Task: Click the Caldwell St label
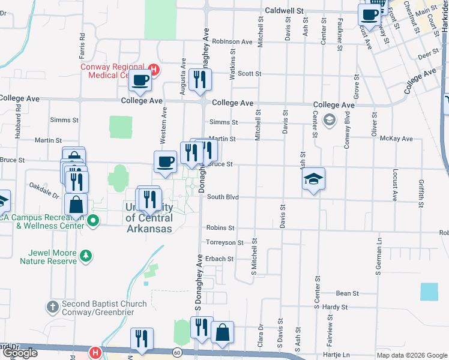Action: pyautogui.click(x=286, y=11)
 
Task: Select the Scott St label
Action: pyautogui.click(x=250, y=73)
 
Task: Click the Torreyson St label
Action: pyautogui.click(x=224, y=243)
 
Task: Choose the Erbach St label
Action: pyautogui.click(x=219, y=259)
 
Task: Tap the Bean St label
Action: pyautogui.click(x=347, y=293)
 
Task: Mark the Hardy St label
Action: pyautogui.click(x=335, y=307)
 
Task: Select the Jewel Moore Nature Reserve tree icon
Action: pyautogui.click(x=86, y=256)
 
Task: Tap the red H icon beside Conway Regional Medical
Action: pyautogui.click(x=154, y=70)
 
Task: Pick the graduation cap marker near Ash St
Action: pyautogui.click(x=313, y=179)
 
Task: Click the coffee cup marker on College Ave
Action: pyautogui.click(x=140, y=81)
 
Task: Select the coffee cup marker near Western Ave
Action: pyautogui.click(x=166, y=162)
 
